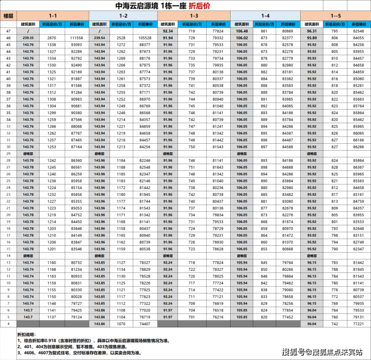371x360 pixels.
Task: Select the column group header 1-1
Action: point(53,16)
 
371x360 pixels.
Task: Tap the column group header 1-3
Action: point(194,16)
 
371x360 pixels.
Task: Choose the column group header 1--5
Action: point(335,16)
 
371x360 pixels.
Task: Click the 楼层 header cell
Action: point(9,16)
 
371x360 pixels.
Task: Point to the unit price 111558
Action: point(76,38)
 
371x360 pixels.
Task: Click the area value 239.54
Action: point(100,38)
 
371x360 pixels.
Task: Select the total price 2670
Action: point(52,38)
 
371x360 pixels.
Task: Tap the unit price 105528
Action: point(145,38)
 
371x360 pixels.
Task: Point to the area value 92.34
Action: point(168,31)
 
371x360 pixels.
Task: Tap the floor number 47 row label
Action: point(9,31)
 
